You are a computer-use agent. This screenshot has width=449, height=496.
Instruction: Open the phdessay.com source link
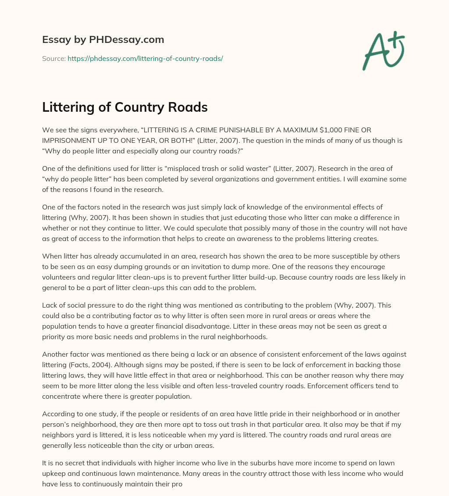click(145, 58)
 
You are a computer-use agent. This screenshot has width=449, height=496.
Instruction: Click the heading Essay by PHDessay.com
click(103, 39)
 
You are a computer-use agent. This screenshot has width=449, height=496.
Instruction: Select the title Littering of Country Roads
click(125, 107)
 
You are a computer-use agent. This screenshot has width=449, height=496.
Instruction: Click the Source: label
click(53, 58)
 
